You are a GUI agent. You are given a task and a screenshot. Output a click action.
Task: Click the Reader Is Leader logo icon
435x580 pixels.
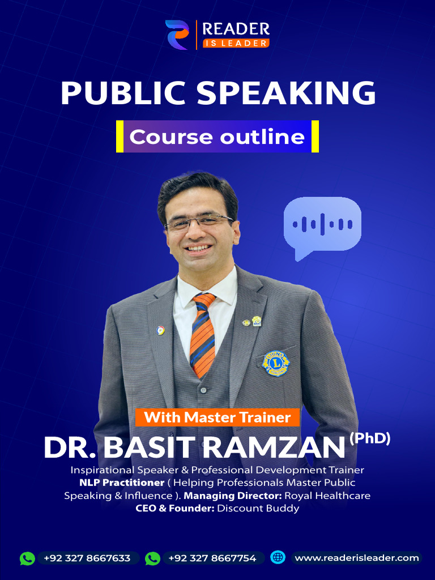177,35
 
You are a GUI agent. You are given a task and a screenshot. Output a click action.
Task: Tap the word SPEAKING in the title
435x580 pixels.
283,93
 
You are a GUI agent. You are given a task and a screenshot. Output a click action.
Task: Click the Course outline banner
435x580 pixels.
217,137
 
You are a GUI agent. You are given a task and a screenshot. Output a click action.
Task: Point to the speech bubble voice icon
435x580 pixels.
322,226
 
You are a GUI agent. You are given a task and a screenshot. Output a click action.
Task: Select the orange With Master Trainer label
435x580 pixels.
217,418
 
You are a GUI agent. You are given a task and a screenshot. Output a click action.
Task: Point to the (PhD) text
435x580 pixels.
370,438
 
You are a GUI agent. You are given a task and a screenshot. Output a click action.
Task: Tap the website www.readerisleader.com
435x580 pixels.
357,558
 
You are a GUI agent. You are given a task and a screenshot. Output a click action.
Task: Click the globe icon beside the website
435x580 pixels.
278,557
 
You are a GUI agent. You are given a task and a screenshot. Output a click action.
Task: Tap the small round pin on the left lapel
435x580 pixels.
161,330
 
